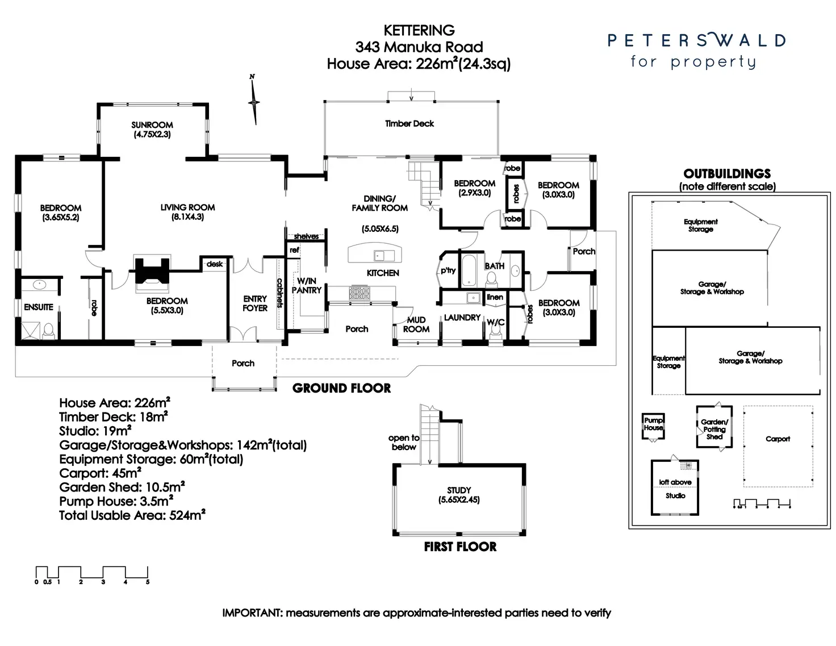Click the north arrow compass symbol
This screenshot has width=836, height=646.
[254, 101]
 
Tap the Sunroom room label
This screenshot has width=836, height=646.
[152, 125]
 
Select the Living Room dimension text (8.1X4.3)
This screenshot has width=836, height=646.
[187, 217]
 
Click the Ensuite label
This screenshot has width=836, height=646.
[39, 307]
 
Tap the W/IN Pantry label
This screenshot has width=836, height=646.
[307, 285]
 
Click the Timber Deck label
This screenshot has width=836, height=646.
[409, 123]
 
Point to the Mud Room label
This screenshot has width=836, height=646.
[416, 324]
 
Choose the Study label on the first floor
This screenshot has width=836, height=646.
[459, 490]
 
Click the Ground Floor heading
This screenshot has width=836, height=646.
[341, 389]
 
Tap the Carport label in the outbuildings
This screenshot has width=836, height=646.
[778, 439]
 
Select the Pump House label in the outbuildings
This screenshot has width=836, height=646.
[653, 424]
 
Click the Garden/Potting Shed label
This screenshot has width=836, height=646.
[714, 430]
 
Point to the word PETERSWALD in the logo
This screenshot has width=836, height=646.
[696, 40]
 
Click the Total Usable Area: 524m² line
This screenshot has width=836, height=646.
[132, 516]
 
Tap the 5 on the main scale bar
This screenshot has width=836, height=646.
[148, 582]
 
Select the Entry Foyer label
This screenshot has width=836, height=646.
[255, 303]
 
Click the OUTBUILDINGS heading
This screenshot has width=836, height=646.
[727, 174]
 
